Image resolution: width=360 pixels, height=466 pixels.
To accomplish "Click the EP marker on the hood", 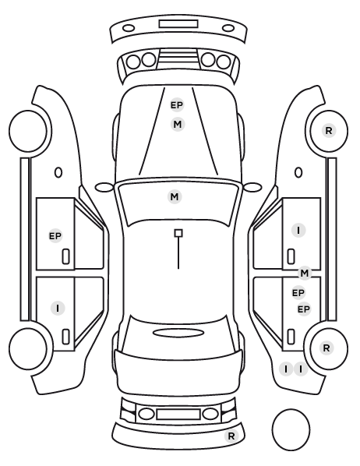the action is (x=177, y=105).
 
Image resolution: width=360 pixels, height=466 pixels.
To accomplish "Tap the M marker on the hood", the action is (x=178, y=124).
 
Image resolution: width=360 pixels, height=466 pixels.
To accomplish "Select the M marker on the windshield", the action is (x=175, y=196).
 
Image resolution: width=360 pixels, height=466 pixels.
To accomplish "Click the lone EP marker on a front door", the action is (x=55, y=236).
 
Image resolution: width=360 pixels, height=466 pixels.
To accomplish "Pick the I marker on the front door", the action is (x=298, y=231).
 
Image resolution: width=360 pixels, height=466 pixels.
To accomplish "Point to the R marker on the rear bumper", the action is (x=231, y=436).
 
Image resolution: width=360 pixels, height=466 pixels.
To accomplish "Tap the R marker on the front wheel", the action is (x=329, y=130).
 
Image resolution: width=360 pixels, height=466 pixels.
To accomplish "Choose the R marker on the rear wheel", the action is (x=326, y=348).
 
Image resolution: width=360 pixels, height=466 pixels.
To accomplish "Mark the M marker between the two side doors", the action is (x=305, y=273).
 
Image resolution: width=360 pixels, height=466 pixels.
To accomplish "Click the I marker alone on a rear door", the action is (x=58, y=308).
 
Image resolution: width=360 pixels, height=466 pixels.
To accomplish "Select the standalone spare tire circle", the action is (x=291, y=429).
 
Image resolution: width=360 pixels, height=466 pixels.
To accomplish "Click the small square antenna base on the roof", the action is (x=178, y=233).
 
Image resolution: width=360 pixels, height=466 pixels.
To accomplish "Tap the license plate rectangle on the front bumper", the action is (x=178, y=24).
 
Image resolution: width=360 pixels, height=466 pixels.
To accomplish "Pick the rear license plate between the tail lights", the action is (x=178, y=414).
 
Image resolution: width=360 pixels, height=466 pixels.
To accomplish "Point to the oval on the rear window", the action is (x=178, y=333).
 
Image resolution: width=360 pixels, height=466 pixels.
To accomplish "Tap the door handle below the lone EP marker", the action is (x=65, y=256).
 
